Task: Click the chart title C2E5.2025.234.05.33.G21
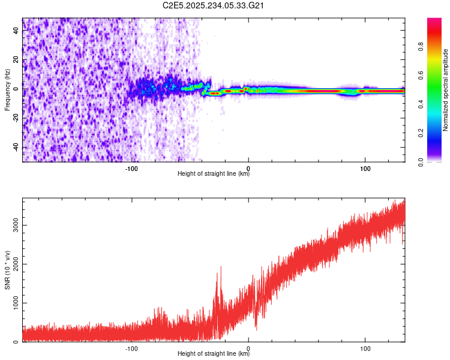[x=214, y=5]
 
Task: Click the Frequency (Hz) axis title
[x=7, y=89]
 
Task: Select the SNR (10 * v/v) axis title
[x=7, y=269]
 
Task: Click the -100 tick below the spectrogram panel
[x=132, y=169]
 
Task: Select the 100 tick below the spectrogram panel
[x=365, y=169]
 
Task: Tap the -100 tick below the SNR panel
[x=132, y=349]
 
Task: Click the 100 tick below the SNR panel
[x=365, y=349]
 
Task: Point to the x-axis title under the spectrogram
[x=214, y=174]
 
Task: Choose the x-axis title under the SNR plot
[x=214, y=354]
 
